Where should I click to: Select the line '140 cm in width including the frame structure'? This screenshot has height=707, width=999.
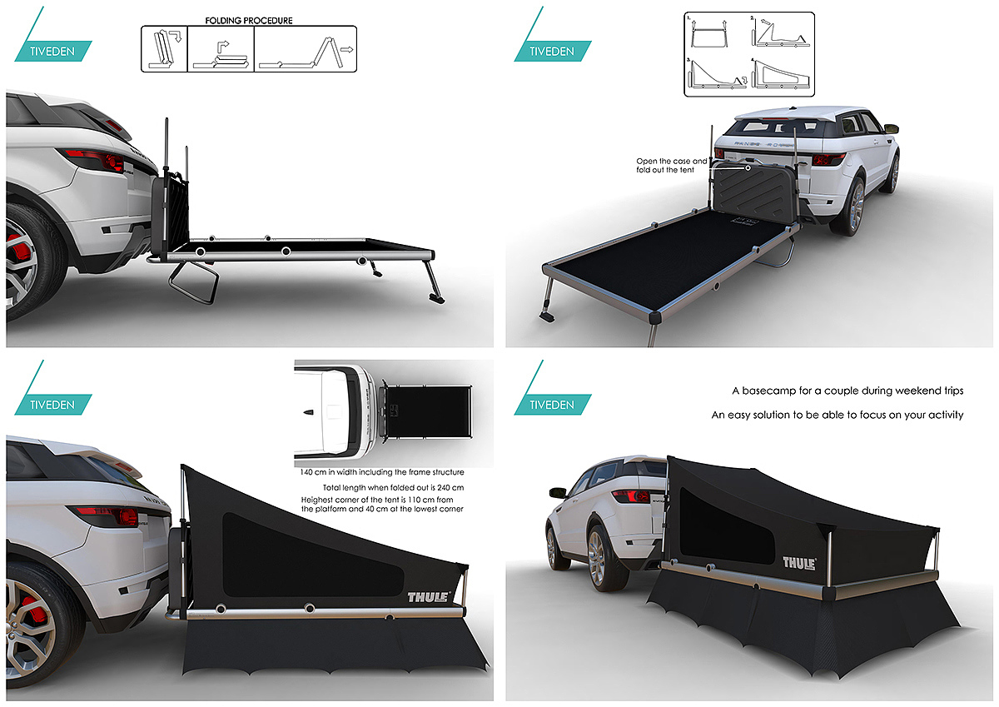pos(382,472)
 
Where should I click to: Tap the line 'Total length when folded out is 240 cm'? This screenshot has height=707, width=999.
pos(393,486)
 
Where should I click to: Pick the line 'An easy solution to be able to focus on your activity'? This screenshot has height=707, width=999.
pos(837,414)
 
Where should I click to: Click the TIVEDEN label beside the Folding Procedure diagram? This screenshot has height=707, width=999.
pos(52,51)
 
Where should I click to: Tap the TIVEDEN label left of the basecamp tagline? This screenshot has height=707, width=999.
pos(552,405)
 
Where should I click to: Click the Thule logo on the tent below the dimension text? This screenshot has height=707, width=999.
pos(428,596)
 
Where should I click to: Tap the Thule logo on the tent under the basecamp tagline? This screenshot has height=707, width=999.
pos(798,563)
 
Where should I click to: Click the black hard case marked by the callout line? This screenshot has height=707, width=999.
pos(750,191)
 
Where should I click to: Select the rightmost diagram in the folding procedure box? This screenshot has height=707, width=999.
pos(305,49)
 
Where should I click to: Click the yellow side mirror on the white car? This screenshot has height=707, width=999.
pos(891,128)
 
